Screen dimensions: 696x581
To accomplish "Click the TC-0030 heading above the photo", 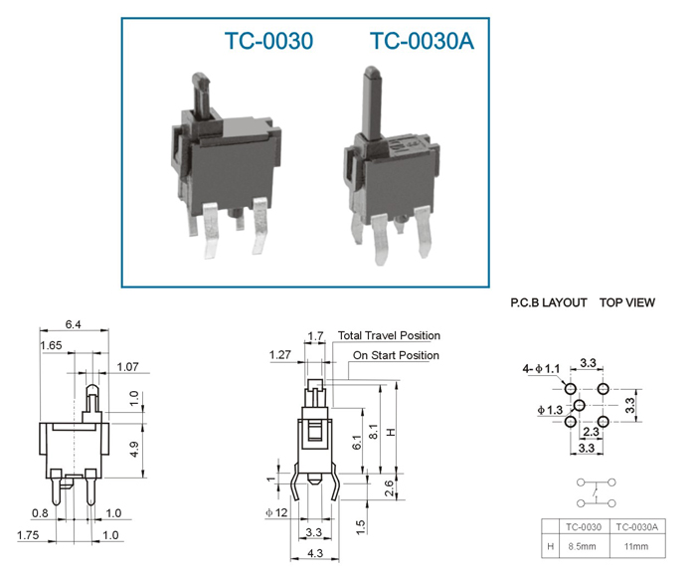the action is coord(269,41).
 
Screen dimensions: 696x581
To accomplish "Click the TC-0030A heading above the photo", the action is coord(423,41).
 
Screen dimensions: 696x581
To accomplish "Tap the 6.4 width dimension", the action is coord(74,324).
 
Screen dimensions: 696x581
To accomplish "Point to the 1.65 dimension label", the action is coord(51,345).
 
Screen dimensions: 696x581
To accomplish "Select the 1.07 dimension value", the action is coord(128,367).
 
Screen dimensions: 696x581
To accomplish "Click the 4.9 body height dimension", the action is coord(135,449).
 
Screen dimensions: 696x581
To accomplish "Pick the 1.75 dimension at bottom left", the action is coord(28,535).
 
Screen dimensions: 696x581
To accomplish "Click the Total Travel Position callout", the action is coord(390,335).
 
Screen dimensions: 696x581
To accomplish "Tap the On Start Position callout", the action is coord(396,355).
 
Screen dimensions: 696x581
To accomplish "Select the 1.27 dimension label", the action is coord(280,355).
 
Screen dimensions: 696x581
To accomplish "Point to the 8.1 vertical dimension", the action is coord(374,432).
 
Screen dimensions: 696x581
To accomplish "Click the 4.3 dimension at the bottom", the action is coord(315,553).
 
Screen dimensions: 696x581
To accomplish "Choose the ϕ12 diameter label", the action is coord(277,512).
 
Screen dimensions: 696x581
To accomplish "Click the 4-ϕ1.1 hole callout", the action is coord(541,369).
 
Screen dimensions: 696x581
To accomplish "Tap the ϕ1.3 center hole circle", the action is coord(580,405).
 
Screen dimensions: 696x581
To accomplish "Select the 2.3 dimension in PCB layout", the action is coord(591,432).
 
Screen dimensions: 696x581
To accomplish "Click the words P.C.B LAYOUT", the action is coord(549,303).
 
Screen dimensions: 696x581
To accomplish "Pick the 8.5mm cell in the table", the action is coord(582,546).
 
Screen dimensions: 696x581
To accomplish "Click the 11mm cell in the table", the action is coord(636,546).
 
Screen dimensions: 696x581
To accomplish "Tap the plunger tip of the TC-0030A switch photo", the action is coord(371,71).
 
